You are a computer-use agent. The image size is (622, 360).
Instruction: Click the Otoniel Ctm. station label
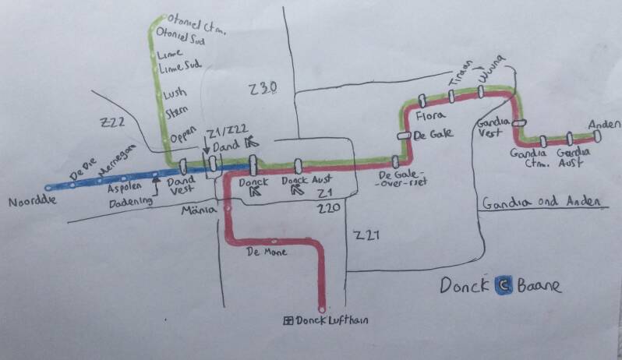pos(190,23)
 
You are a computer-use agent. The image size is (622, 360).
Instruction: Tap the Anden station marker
pos(596,137)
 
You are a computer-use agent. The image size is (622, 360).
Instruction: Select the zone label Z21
pos(366,235)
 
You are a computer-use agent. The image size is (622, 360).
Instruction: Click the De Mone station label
pos(266,252)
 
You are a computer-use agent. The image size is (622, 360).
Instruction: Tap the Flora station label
pos(429,116)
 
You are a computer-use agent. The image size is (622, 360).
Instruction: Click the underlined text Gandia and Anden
pos(541,203)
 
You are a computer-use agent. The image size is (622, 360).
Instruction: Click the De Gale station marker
pos(404,135)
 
